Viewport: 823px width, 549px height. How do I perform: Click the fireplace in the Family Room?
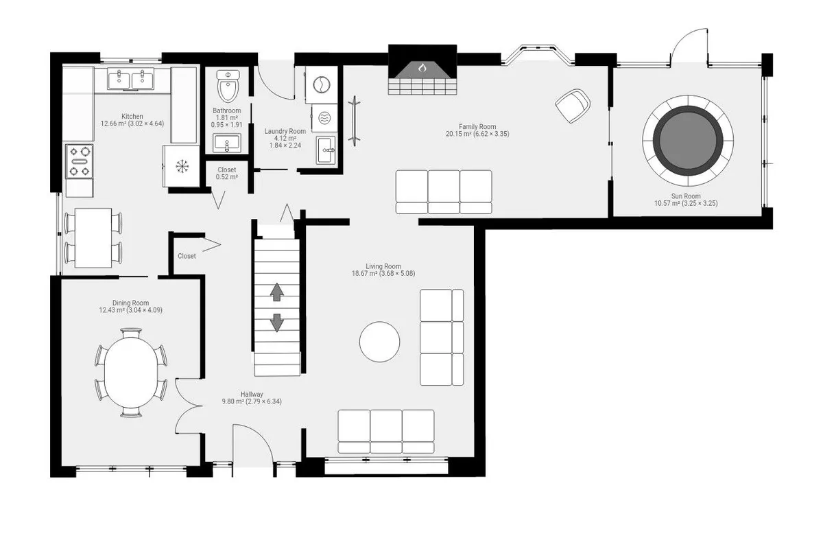click(x=422, y=71)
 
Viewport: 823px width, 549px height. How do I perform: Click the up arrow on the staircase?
click(x=277, y=293)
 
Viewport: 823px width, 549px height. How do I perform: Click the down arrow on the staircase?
click(x=277, y=322)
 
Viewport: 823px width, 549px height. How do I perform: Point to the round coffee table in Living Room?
click(x=379, y=342)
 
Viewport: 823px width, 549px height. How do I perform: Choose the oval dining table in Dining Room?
click(x=131, y=373)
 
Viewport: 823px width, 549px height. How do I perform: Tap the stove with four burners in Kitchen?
click(x=80, y=161)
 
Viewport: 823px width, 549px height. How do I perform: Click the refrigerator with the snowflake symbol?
click(x=182, y=166)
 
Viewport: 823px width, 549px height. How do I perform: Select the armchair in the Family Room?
click(x=573, y=106)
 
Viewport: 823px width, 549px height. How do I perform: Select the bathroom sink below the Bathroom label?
click(x=226, y=143)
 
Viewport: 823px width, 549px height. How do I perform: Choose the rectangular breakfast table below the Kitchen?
click(x=93, y=237)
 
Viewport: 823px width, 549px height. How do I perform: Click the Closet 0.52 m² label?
click(x=226, y=173)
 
